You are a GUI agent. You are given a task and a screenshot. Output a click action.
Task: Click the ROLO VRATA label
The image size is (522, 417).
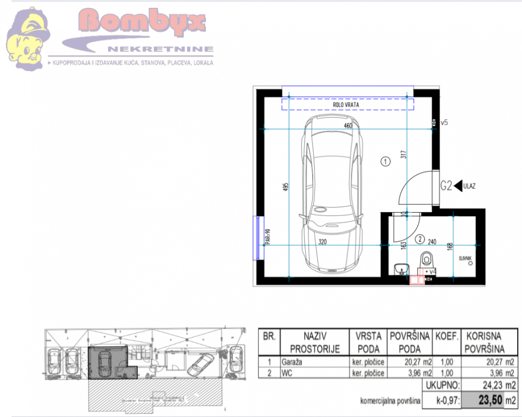[346, 105]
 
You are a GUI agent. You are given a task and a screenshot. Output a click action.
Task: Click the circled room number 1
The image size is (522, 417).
[385, 162]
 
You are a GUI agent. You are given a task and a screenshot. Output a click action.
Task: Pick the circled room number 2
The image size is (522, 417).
[419, 240]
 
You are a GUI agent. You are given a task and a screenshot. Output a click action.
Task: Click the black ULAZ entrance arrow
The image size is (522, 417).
[458, 185]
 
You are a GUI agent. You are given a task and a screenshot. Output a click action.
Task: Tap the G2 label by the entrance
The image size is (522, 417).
[446, 185]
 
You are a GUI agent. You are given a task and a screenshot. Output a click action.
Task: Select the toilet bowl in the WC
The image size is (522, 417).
[427, 259]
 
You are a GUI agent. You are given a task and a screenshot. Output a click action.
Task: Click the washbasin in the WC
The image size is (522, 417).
[400, 268]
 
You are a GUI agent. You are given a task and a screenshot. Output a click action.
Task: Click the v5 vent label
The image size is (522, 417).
[444, 123]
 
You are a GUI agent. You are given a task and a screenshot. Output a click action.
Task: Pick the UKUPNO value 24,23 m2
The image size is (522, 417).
[489, 385]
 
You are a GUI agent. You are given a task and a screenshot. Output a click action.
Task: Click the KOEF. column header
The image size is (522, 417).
[447, 336]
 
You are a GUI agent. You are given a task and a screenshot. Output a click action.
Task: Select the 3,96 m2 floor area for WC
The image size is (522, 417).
[410, 373]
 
